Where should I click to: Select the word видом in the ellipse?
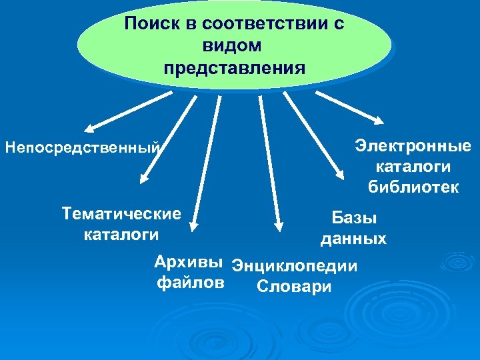[x=234, y=47]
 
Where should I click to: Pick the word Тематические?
[x=121, y=214]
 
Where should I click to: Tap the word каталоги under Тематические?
[x=121, y=234]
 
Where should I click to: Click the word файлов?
[x=189, y=283]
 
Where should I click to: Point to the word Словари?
[x=293, y=288]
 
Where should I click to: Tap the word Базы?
[x=354, y=217]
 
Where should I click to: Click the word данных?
[x=353, y=239]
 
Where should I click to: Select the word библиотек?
[x=413, y=187]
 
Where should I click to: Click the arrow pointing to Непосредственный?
[x=127, y=111]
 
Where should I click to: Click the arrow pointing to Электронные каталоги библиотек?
[x=349, y=107]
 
